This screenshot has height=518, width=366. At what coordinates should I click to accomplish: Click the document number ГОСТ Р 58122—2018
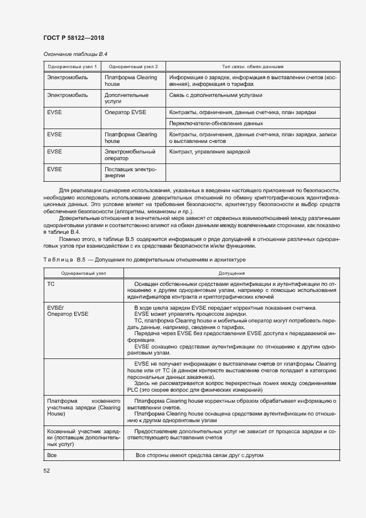click(x=73, y=38)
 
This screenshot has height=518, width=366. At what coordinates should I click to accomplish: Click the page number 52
click(x=46, y=470)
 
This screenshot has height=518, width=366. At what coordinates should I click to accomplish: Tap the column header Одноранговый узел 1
click(x=72, y=66)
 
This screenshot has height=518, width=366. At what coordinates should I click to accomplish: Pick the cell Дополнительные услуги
click(x=119, y=99)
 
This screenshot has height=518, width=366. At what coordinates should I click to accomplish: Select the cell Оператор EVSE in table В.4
click(x=125, y=112)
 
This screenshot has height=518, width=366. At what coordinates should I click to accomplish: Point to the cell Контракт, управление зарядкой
click(x=210, y=151)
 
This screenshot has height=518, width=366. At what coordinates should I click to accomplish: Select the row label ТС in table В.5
click(x=51, y=284)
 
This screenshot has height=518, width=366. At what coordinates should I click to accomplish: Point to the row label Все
click(x=53, y=455)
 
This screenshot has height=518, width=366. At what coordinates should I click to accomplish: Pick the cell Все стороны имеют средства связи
click(x=199, y=455)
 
